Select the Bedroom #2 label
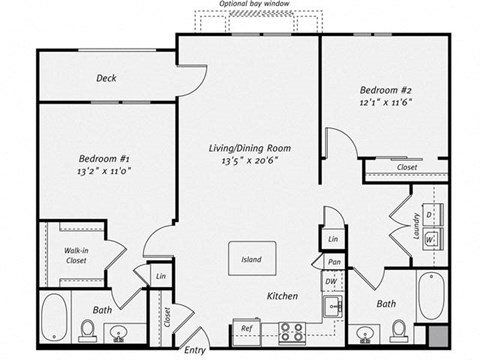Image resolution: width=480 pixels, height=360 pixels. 385,91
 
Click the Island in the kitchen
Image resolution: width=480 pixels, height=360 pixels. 251,259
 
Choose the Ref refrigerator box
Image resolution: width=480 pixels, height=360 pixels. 245,327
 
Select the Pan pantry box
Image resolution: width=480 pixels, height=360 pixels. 333,262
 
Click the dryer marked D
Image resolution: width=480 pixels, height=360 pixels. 429,215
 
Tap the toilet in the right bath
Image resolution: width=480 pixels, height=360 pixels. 398,328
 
